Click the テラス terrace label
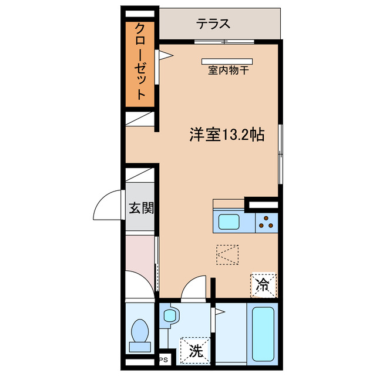213,24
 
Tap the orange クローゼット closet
140,63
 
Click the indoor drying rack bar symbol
226,61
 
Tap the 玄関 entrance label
141,207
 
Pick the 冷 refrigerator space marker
262,286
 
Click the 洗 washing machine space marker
195,351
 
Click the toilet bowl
140,333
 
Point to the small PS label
163,360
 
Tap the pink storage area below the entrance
140,253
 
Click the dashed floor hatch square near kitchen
227,256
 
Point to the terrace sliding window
224,41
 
